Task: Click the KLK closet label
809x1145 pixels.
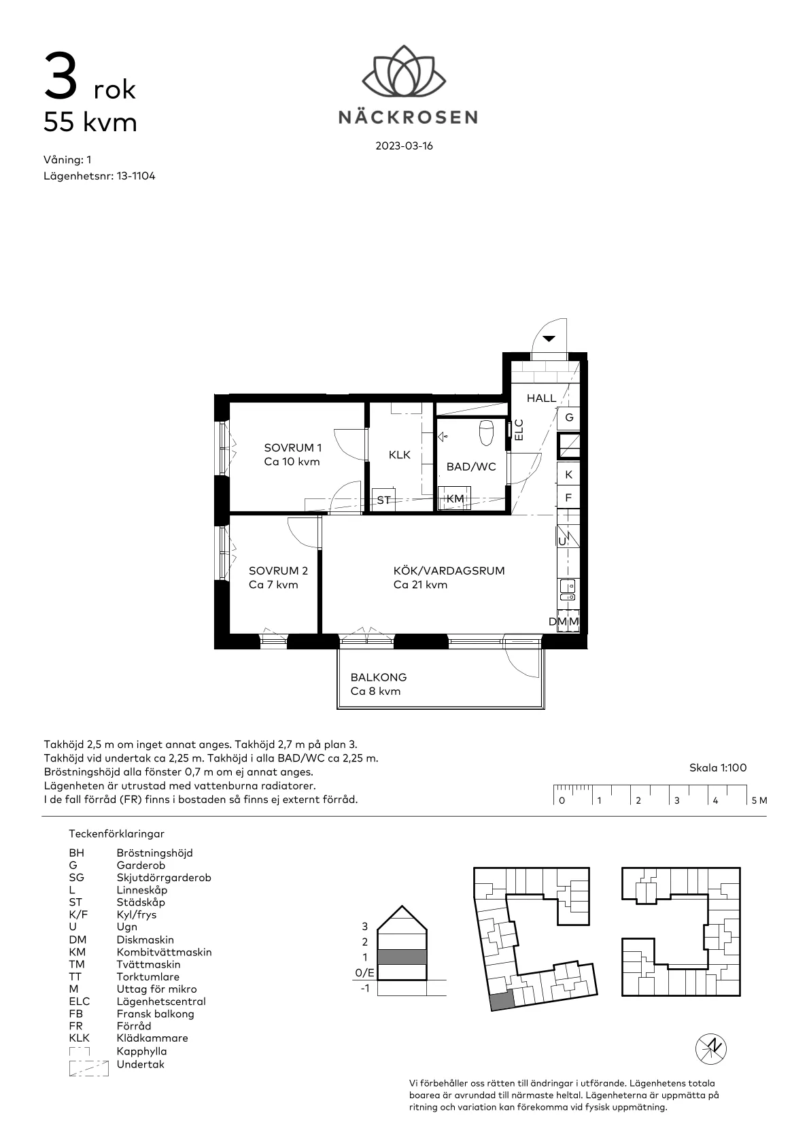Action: click(400, 455)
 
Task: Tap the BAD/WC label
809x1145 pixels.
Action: click(471, 467)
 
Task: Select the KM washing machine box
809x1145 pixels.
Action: click(455, 498)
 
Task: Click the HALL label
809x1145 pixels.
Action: click(541, 398)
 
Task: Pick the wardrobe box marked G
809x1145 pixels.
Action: click(569, 417)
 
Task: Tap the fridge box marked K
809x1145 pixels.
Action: click(569, 475)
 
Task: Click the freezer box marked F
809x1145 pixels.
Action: click(569, 498)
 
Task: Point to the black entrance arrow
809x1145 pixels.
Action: click(549, 338)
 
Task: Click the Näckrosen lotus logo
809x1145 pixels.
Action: click(404, 71)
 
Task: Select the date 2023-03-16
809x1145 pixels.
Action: click(404, 146)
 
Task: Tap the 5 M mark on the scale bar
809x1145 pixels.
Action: click(759, 800)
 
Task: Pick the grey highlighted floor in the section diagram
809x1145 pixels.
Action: click(402, 957)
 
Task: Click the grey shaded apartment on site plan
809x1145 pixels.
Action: click(500, 1001)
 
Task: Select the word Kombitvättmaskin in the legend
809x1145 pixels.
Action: click(164, 952)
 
